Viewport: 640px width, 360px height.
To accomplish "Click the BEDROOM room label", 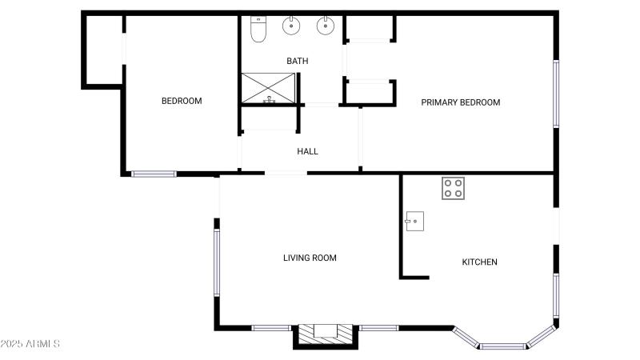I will point(182,101).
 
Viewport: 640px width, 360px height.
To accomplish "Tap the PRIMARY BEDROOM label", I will point(460,102).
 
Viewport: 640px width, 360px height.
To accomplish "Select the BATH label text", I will point(298,61).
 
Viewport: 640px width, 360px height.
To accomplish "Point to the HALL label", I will point(307,151).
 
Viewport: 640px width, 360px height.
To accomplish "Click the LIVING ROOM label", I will point(310,258).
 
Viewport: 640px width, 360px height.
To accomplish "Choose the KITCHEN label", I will point(480,262).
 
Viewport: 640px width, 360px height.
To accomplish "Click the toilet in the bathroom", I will point(258,29).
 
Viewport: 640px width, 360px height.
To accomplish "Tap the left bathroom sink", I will point(290,26).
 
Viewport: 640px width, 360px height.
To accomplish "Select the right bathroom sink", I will point(325,26).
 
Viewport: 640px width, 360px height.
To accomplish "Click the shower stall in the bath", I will point(270,88).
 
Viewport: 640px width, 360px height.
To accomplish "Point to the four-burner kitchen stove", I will point(453,188).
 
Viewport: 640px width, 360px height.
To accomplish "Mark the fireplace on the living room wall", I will point(325,334).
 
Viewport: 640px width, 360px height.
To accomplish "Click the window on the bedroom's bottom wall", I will point(154,173).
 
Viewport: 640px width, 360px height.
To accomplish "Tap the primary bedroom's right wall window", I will point(556,94).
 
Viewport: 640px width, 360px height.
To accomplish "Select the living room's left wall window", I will point(216,262).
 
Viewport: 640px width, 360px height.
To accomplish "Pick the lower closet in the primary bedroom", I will point(369,92).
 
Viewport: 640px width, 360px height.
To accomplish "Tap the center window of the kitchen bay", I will point(504,346).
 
